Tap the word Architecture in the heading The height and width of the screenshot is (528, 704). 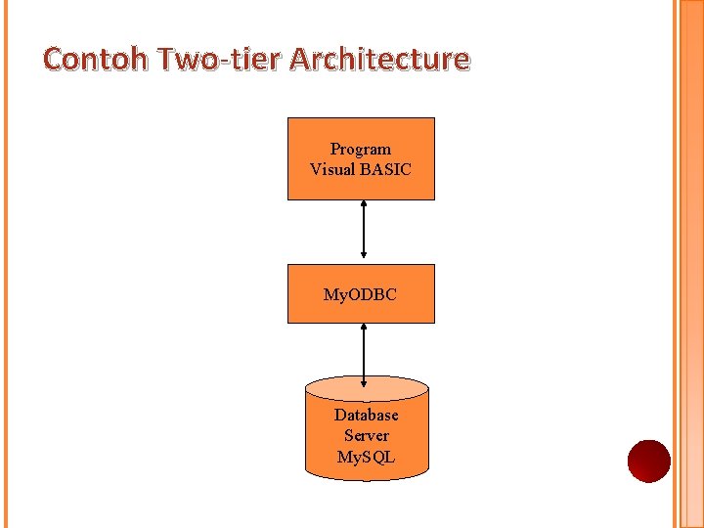click(x=380, y=60)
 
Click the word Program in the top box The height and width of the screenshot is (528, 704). click(x=361, y=150)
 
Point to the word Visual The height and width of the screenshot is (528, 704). click(x=332, y=169)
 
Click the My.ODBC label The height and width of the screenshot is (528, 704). click(x=361, y=294)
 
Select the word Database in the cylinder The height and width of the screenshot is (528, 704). click(x=367, y=416)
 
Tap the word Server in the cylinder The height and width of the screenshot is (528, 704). click(x=367, y=436)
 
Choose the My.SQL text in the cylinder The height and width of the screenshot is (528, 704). click(x=367, y=457)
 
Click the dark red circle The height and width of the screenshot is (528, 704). click(x=649, y=461)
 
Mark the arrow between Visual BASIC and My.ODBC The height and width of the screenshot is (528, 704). click(x=364, y=232)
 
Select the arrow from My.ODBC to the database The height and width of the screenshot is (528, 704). click(x=364, y=354)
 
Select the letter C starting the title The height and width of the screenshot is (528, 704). click(x=54, y=60)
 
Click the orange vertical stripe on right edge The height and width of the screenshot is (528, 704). click(x=687, y=264)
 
